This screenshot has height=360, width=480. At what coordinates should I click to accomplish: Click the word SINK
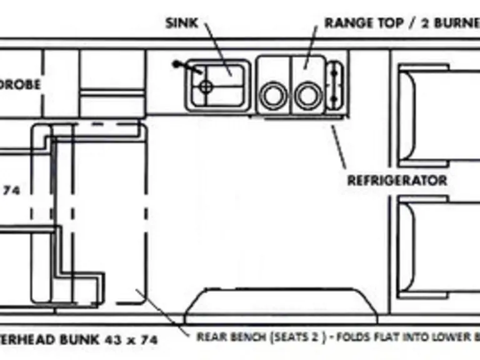(181, 23)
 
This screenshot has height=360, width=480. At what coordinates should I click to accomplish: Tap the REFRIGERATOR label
(397, 181)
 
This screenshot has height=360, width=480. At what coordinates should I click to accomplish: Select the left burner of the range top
(273, 96)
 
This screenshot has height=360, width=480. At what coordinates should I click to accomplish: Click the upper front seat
(437, 116)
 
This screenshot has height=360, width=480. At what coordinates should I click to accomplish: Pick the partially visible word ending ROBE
(21, 84)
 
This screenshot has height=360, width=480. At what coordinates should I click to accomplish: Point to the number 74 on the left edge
(11, 192)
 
